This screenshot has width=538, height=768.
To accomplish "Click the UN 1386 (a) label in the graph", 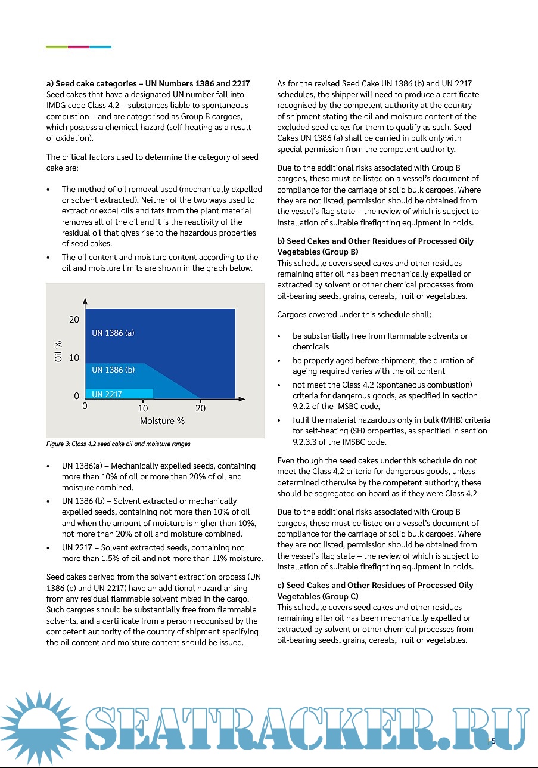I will (x=113, y=333).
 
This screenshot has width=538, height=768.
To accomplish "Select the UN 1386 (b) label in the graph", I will (x=113, y=370).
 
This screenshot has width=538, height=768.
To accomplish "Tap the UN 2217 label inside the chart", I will (x=107, y=394).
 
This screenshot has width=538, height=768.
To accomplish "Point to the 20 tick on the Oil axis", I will (x=74, y=320).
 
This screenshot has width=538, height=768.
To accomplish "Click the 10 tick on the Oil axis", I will (x=74, y=358).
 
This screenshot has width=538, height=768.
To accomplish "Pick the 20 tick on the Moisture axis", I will (x=201, y=408).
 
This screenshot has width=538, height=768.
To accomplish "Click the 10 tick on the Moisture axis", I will (x=143, y=408).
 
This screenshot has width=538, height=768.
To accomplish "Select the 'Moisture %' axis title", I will (x=162, y=421).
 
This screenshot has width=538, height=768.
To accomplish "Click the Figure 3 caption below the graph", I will (x=118, y=444).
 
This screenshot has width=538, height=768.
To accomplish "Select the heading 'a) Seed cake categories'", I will (x=148, y=83).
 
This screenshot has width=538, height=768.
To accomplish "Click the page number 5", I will (x=493, y=741).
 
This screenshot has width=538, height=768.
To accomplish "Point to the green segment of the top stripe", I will (x=57, y=47).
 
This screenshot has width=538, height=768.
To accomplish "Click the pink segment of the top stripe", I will (x=79, y=47).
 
